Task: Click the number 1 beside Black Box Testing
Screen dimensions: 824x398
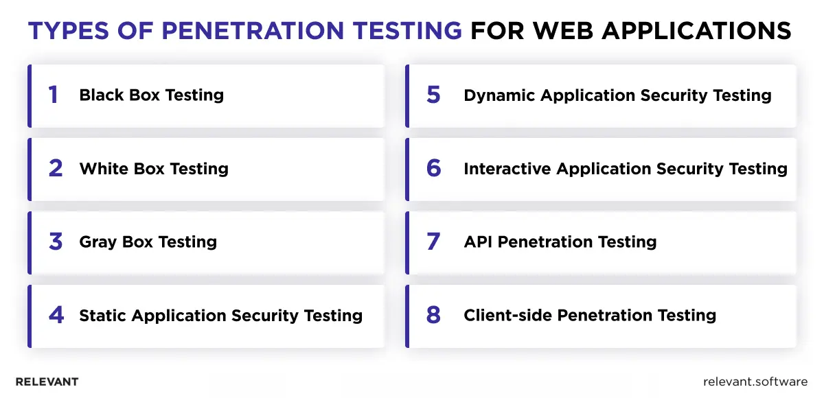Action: pos(54,95)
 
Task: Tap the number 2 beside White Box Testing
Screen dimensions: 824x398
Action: pos(56,168)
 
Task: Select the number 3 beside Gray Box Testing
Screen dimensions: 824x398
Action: pos(56,242)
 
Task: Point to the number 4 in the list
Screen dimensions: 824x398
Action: pos(56,315)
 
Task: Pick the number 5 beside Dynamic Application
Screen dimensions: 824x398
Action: pos(433,95)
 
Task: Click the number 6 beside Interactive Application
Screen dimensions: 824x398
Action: pos(434,168)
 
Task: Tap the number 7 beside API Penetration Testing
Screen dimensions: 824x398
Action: pos(433,242)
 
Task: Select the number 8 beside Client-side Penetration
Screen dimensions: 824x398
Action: pos(433,315)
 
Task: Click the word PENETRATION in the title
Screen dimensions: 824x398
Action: pos(253,30)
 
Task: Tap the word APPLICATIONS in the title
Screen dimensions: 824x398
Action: pos(696,30)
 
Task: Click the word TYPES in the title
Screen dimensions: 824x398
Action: pos(69,30)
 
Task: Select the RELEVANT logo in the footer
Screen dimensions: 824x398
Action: pos(47,382)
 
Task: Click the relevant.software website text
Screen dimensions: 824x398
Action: pos(755,382)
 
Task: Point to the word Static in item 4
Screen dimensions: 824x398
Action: pos(102,316)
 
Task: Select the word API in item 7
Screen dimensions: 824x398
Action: pos(478,242)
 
